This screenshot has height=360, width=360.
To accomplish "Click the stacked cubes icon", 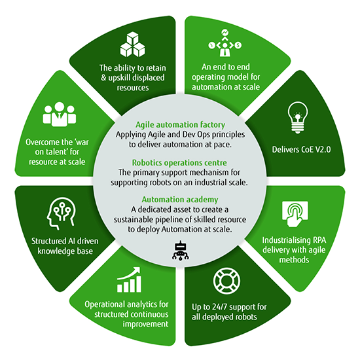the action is (x=132, y=45).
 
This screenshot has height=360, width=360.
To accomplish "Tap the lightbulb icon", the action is (x=297, y=118).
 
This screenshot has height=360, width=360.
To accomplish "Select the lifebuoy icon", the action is (x=226, y=281).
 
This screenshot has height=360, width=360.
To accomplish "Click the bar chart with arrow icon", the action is (x=129, y=279).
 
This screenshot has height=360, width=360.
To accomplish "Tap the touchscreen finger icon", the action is (x=295, y=214).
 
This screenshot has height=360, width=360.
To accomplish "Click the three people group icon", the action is (x=59, y=114).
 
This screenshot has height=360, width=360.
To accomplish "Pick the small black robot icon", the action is (x=181, y=251).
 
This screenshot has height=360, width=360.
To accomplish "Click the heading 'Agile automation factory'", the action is (x=180, y=124).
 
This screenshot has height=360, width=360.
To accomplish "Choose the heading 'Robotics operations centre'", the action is (x=179, y=163).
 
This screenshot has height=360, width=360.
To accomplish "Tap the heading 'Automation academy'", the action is (x=180, y=200).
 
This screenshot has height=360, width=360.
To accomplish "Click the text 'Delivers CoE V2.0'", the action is (x=301, y=150).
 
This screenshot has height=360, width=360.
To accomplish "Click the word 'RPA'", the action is (x=319, y=240).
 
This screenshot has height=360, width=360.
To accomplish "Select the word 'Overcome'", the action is (x=40, y=142).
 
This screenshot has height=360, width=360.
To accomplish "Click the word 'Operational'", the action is (x=105, y=304).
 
